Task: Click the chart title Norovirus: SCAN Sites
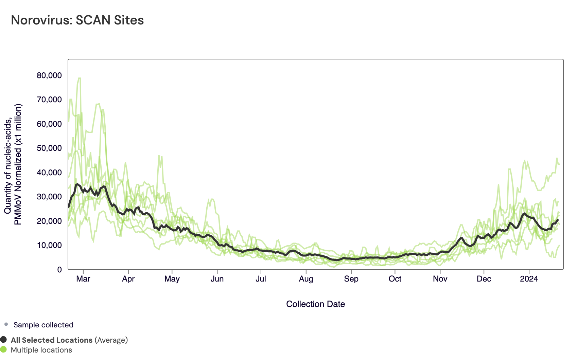point(77,20)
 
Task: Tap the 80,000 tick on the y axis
point(49,75)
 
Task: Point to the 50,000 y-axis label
point(49,148)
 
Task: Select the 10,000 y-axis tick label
point(49,245)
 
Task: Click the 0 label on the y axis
point(59,270)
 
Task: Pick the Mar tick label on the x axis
point(83,279)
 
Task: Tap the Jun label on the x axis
point(217,279)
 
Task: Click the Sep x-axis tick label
point(351,279)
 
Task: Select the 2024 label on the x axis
point(529,279)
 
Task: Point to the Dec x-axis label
point(484,279)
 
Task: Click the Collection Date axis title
point(315,304)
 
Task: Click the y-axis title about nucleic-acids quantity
point(13,164)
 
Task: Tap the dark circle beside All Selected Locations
point(3,340)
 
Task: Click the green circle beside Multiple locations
point(3,349)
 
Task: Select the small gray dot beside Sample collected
point(6,324)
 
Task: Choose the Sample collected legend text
point(43,325)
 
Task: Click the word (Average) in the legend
point(111,340)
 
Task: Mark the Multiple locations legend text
point(41,350)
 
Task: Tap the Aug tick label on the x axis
point(306,279)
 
